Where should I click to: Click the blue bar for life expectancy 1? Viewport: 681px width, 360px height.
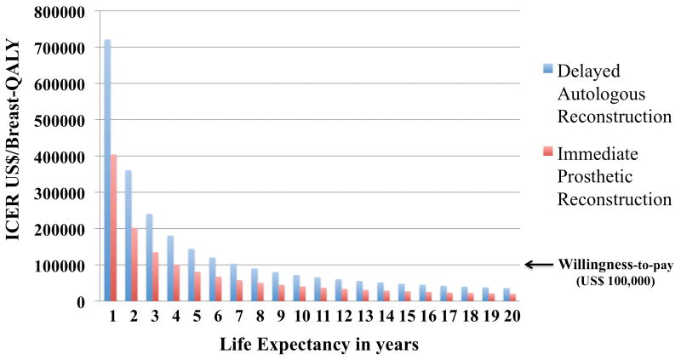click(107, 170)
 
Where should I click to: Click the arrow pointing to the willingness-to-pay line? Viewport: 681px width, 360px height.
click(537, 265)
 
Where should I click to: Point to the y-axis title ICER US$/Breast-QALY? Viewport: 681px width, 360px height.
click(16, 157)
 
